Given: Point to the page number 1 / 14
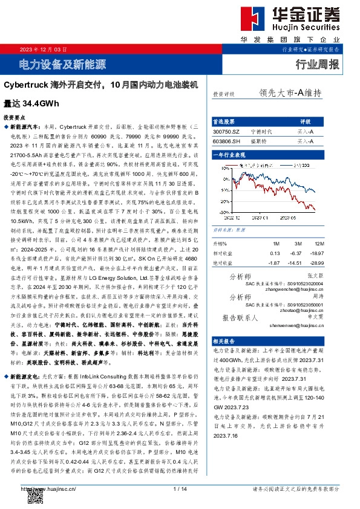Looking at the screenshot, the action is tap(179, 488).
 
